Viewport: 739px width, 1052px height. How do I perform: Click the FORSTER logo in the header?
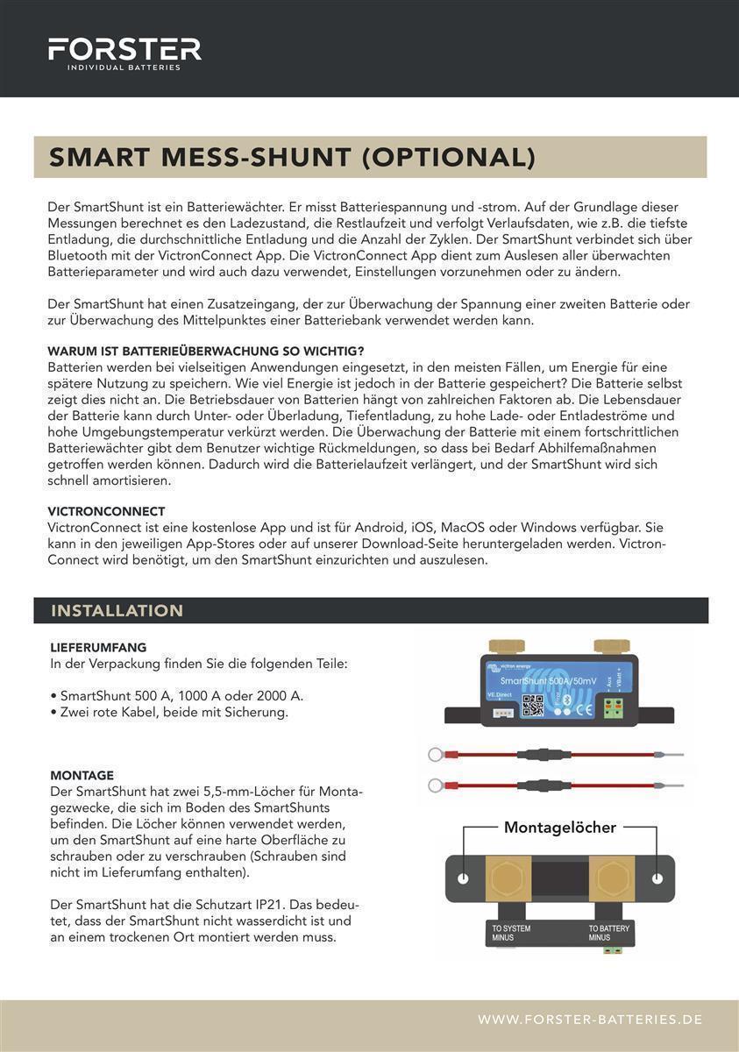coord(124,53)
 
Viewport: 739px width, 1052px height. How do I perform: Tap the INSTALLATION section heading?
coord(117,611)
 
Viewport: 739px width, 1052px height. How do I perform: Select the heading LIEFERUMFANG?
coord(98,648)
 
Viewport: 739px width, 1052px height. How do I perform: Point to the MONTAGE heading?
coord(82,775)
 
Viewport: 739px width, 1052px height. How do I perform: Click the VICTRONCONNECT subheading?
coord(106,511)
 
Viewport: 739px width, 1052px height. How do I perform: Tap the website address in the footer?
coord(590,1020)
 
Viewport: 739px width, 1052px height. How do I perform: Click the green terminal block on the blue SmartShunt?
coord(611,709)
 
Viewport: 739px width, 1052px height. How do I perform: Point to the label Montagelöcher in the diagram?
coord(559,828)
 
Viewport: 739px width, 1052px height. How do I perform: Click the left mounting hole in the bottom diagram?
coord(464,878)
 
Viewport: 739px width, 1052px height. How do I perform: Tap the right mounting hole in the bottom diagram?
coord(657,878)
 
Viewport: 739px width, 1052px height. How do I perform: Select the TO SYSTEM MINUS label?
coord(511,933)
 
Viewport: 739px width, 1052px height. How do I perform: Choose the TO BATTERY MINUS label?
coord(608,933)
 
